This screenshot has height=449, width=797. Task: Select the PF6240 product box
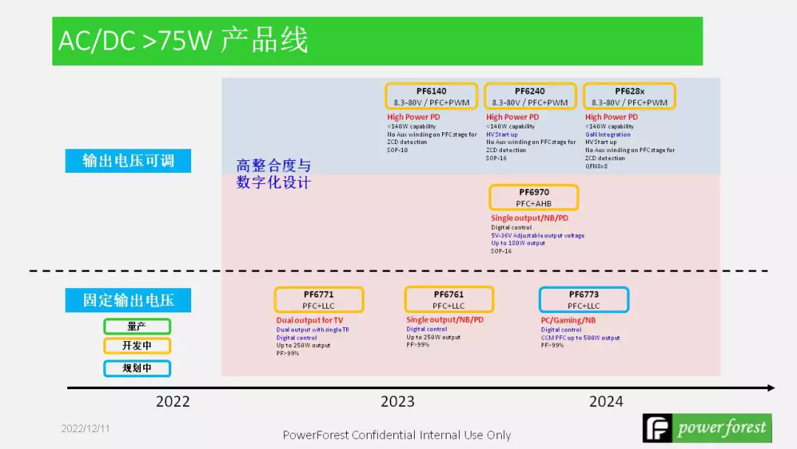(530, 97)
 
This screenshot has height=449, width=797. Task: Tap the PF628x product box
(629, 97)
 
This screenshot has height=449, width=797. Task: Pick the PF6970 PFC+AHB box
(534, 197)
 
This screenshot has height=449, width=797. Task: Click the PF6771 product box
(319, 300)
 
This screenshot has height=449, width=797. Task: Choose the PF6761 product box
(449, 300)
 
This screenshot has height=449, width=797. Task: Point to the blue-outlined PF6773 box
(584, 300)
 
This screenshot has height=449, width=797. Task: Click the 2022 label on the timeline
(173, 402)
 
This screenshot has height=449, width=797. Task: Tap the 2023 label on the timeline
(397, 402)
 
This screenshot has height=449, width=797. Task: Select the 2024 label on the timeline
(606, 402)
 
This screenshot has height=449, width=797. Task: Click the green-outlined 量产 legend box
(137, 326)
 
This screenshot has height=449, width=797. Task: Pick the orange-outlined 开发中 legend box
(137, 346)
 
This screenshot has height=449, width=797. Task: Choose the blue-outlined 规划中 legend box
(137, 368)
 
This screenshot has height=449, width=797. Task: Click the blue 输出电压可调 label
(128, 161)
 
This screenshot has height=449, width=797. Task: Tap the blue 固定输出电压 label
(128, 300)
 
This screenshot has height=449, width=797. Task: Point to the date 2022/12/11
(85, 428)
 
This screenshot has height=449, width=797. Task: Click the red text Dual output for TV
(310, 321)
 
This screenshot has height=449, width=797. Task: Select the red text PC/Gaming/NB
(568, 321)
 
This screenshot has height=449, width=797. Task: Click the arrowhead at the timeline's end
(771, 388)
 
